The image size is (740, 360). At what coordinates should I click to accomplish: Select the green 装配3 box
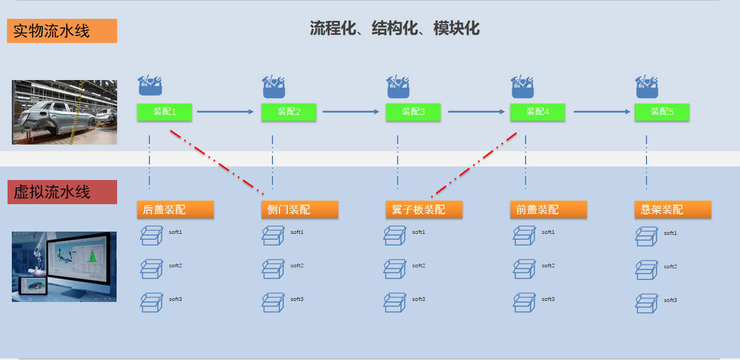click(x=413, y=112)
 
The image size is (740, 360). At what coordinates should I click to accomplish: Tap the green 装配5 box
click(x=662, y=112)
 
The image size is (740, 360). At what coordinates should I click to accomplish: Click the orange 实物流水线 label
click(x=62, y=31)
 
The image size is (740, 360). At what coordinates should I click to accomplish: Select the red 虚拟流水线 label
click(x=62, y=192)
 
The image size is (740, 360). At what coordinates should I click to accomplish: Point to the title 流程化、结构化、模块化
click(x=394, y=28)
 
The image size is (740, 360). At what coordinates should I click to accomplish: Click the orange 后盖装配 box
click(x=175, y=210)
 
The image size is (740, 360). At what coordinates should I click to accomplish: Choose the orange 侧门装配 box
click(x=299, y=210)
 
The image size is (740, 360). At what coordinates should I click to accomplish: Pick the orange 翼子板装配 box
click(x=423, y=210)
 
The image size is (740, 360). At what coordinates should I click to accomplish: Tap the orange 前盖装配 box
click(x=548, y=210)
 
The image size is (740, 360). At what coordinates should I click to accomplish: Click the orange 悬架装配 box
click(x=672, y=210)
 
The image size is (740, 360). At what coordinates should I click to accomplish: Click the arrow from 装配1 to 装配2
click(x=225, y=112)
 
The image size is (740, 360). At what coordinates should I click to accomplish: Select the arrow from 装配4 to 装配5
click(x=601, y=112)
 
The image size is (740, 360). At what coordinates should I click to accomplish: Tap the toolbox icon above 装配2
click(x=274, y=87)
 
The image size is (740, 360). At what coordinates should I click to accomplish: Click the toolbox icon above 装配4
click(x=522, y=87)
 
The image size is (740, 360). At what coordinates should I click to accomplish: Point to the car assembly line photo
click(x=64, y=112)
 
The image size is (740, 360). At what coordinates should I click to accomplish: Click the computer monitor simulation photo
click(x=64, y=267)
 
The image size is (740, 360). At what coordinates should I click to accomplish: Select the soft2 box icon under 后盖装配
click(x=151, y=269)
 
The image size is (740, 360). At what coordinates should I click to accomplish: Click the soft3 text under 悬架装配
click(x=670, y=300)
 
